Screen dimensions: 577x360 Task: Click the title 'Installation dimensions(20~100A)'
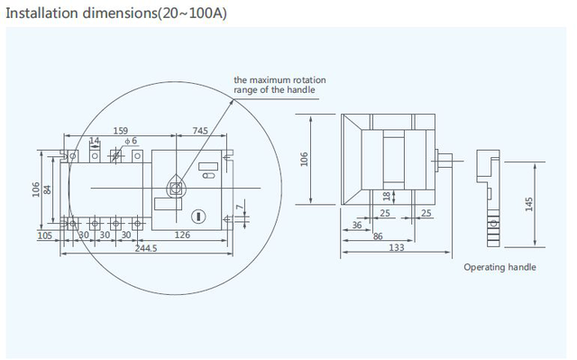tap(116, 14)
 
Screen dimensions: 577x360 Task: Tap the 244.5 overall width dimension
tap(146, 248)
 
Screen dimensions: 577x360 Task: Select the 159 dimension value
tap(120, 131)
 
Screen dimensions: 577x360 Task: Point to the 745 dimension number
tap(200, 131)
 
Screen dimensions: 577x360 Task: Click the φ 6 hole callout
tap(131, 141)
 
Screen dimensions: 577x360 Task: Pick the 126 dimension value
tap(182, 235)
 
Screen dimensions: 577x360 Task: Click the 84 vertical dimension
tap(48, 190)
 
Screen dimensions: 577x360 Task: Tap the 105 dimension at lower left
tap(45, 235)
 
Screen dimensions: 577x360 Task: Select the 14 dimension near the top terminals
tap(94, 141)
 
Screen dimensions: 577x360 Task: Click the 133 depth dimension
tap(397, 247)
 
